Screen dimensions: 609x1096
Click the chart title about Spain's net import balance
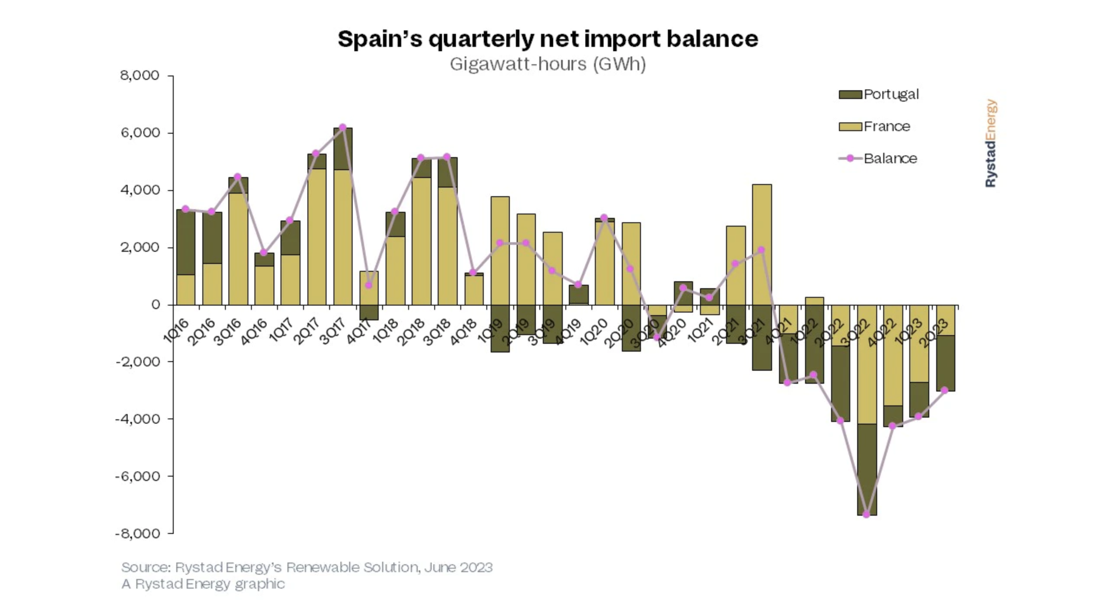[548, 39]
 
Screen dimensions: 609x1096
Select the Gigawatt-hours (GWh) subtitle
[548, 64]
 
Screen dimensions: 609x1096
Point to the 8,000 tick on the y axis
[140, 76]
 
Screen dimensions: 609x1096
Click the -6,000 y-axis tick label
[137, 476]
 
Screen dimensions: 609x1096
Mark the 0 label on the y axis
[155, 305]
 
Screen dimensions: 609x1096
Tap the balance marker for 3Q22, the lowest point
[866, 514]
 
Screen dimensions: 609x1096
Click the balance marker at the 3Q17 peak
[343, 127]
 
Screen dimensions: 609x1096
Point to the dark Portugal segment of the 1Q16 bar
[185, 242]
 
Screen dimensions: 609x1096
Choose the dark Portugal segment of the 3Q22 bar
[867, 469]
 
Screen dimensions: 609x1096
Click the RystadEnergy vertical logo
[990, 143]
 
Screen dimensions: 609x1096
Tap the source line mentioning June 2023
[307, 567]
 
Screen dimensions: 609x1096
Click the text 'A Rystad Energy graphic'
[203, 584]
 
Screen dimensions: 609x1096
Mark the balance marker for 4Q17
[369, 285]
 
